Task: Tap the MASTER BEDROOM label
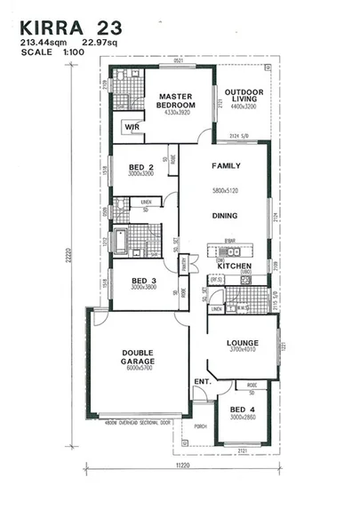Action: pos(175,99)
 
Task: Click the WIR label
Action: pos(132,128)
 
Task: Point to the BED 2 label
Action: pos(141,166)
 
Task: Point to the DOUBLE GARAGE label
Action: pos(138,358)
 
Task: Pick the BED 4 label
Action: pos(242,409)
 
